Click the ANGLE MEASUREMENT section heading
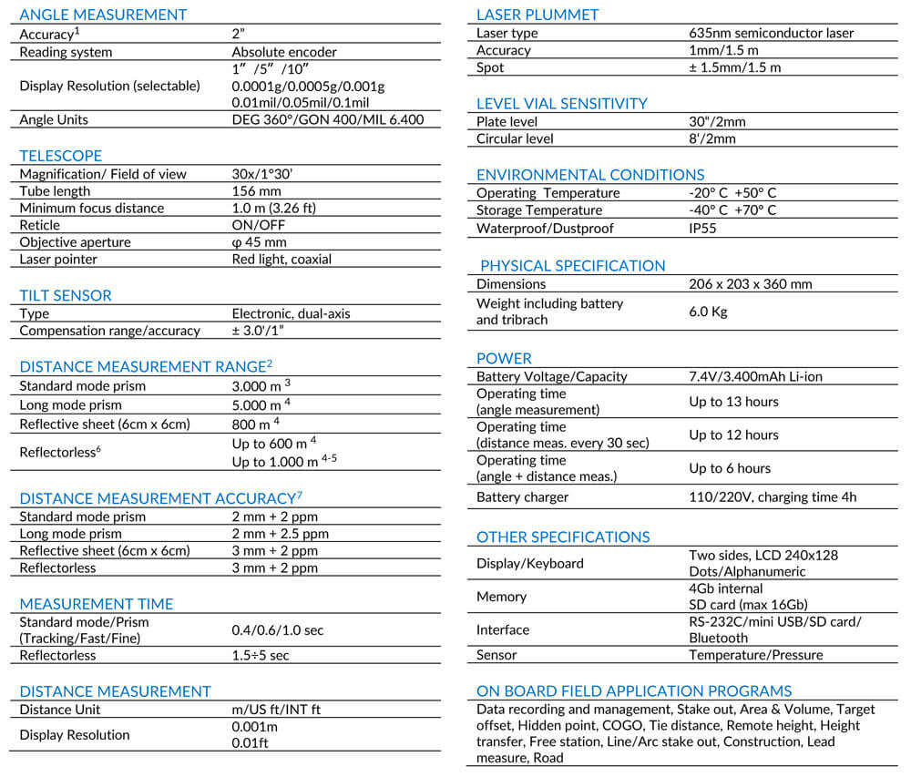tap(103, 15)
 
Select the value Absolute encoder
tap(283, 52)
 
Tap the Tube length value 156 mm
tap(257, 191)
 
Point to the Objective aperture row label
tap(76, 242)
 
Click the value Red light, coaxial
tap(281, 260)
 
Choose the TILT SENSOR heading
tap(66, 295)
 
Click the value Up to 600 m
tap(274, 444)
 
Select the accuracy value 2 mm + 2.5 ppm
tap(280, 534)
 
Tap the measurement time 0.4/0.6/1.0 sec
tap(277, 630)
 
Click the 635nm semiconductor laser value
tap(772, 34)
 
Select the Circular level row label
tap(515, 139)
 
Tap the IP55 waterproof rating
tap(702, 229)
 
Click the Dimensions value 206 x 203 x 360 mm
tap(750, 284)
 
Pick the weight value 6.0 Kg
tap(709, 312)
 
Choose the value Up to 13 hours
tap(733, 402)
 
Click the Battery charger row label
tap(522, 497)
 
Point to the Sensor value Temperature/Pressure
tap(755, 655)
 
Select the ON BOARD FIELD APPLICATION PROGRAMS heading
tap(634, 691)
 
